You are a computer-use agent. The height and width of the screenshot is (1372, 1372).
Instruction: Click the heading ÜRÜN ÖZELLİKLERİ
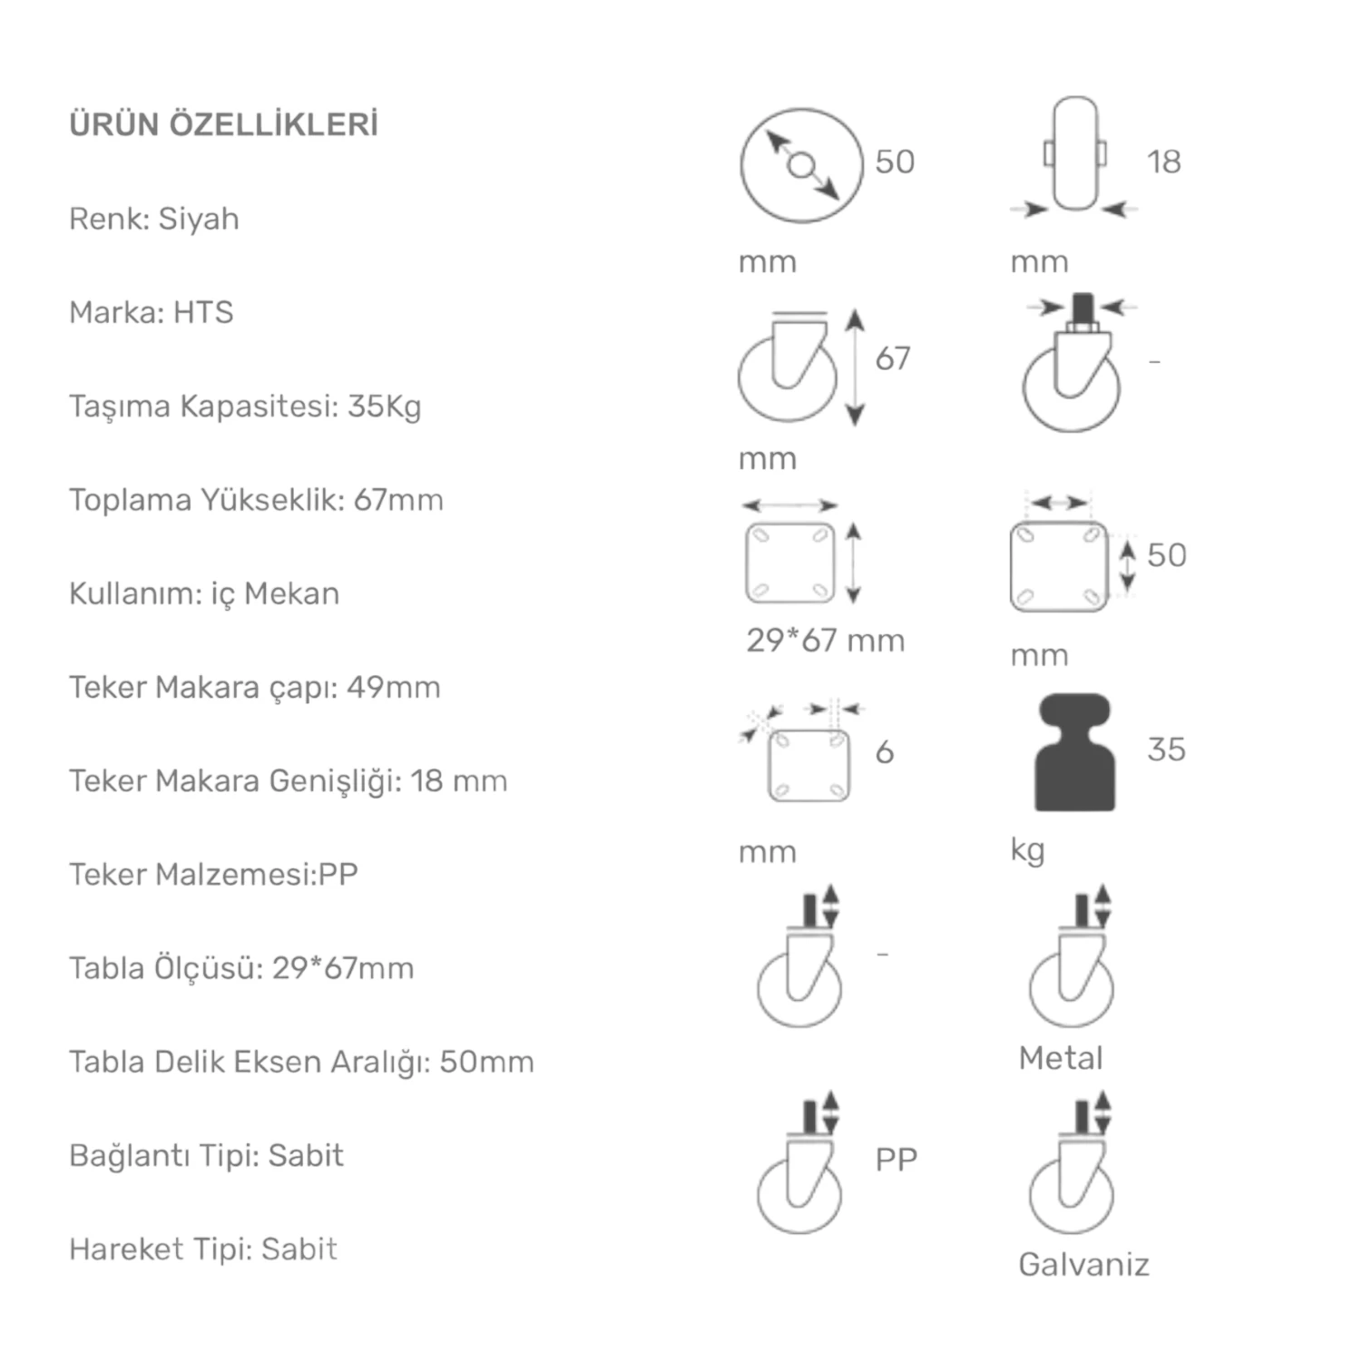tap(223, 124)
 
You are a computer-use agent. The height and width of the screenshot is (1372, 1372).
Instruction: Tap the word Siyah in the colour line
tap(199, 219)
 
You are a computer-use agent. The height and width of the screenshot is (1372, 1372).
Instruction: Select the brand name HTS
tap(203, 312)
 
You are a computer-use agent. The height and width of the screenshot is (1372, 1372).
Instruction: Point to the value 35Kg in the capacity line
tap(385, 407)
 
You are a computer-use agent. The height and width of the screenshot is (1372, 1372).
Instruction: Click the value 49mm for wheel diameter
tap(394, 687)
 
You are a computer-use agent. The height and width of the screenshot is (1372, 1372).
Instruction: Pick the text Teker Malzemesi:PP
tap(214, 874)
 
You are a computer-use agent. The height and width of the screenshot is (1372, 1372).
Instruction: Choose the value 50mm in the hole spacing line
tap(487, 1062)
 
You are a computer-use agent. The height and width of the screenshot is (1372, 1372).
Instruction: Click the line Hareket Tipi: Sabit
tap(203, 1249)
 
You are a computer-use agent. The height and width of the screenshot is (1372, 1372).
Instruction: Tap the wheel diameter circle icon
tap(801, 165)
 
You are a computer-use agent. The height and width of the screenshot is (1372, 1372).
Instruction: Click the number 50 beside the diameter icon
tap(895, 162)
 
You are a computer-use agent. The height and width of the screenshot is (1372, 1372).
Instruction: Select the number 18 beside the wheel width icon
tap(1164, 162)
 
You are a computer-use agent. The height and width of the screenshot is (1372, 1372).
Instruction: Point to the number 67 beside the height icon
tap(893, 358)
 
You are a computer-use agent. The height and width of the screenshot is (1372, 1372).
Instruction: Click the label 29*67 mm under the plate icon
tap(826, 641)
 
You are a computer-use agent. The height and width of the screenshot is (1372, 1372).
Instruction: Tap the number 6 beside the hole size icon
tap(885, 751)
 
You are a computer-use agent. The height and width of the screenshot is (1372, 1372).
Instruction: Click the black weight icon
tap(1075, 752)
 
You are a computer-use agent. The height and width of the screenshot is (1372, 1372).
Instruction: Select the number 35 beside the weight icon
tap(1167, 750)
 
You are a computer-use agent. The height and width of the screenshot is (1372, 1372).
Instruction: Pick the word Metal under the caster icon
tap(1061, 1058)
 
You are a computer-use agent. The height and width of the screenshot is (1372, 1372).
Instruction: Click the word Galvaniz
tap(1083, 1264)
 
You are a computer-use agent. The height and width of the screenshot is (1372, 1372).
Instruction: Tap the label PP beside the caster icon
tap(897, 1159)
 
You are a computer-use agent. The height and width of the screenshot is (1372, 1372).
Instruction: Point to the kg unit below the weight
tap(1027, 851)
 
